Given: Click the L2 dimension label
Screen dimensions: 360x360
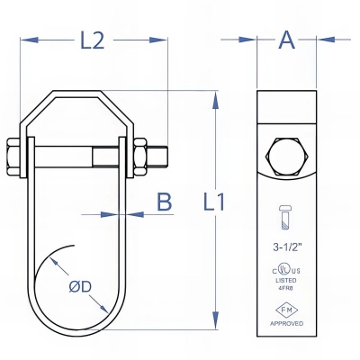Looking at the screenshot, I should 93,40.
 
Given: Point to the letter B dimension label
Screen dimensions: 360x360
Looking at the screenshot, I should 164,202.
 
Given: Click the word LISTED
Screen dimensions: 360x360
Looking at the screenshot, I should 287,280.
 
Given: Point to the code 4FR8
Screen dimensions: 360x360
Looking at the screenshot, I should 287,289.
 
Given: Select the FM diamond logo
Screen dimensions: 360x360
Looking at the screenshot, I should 287,308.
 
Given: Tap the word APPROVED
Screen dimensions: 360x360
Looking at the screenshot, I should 287,322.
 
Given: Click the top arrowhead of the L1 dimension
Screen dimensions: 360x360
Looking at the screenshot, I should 214,96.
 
